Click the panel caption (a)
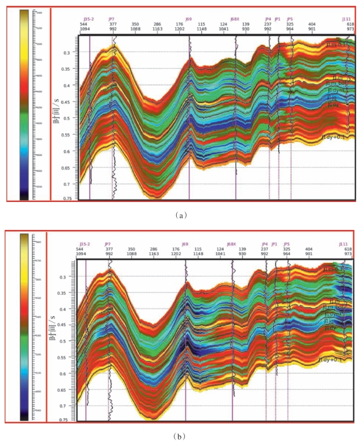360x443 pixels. click(181, 214)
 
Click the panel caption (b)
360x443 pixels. click(181, 435)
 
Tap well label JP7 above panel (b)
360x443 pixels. click(108, 244)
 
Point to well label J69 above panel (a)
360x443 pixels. click(189, 19)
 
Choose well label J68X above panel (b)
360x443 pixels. click(231, 244)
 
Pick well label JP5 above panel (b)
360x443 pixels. click(286, 244)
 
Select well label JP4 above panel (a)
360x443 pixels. click(268, 19)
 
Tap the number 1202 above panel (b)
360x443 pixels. click(176, 254)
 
